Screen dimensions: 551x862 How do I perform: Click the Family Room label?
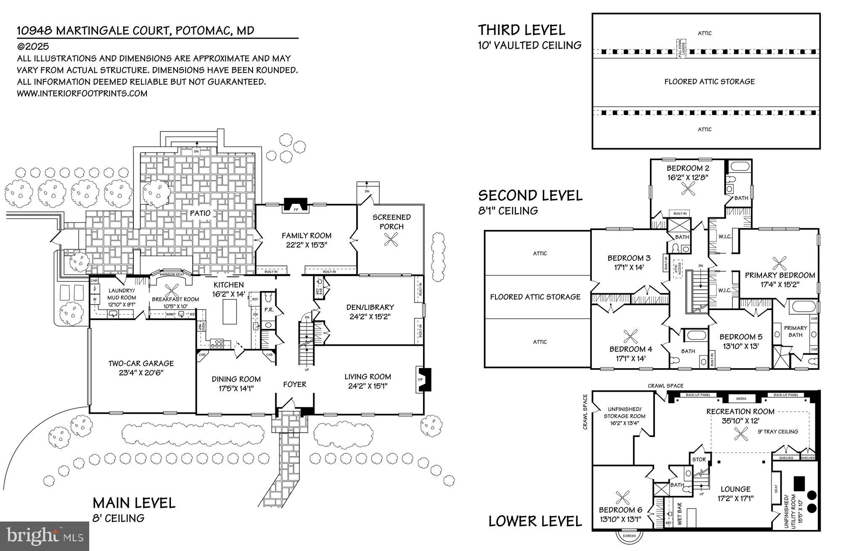pos(306,235)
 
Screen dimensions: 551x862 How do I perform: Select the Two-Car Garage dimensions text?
pos(141,373)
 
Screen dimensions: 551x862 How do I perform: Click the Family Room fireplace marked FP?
pos(295,205)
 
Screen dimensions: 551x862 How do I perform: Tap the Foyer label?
pos(295,384)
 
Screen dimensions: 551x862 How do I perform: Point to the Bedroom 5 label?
pos(741,337)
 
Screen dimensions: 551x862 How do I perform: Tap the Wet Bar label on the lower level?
pos(679,513)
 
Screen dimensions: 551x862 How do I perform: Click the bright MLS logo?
pos(44,535)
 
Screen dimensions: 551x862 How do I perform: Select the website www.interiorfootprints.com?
pos(82,93)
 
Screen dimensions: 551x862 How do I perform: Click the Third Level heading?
pos(521,30)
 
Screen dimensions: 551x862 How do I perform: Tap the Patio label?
pos(200,213)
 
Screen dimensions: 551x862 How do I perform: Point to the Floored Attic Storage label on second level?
pos(535,297)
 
